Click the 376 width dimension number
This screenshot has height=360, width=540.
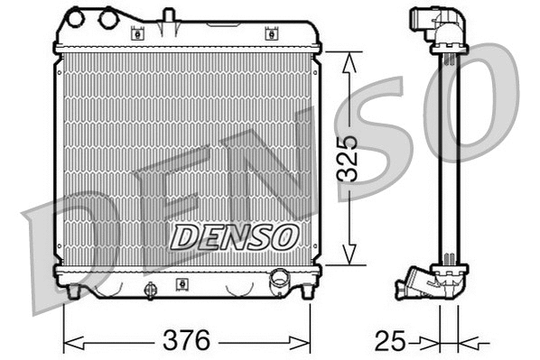click(188, 342)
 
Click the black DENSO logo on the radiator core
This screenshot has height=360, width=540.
click(234, 237)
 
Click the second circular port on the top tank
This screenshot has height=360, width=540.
click(108, 17)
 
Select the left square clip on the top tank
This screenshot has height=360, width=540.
click(138, 34)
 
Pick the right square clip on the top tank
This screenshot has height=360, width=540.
click(269, 34)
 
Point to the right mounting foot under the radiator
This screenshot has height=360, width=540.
click(305, 291)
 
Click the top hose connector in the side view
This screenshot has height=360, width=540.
click(426, 23)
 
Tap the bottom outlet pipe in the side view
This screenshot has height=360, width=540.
click(411, 287)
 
